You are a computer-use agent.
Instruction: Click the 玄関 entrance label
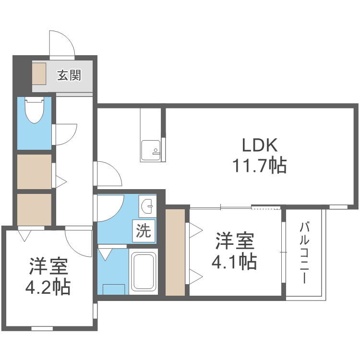[x=69, y=75]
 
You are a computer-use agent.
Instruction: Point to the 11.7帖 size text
[x=259, y=166]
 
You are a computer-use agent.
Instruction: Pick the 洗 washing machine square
[x=144, y=231]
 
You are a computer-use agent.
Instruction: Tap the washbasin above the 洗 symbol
[x=147, y=207]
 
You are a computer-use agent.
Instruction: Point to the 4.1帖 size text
[x=235, y=262]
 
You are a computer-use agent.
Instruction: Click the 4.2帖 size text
[x=48, y=287]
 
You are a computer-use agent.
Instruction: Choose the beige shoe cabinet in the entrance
[x=39, y=75]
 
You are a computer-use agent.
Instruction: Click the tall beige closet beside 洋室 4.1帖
[x=175, y=252]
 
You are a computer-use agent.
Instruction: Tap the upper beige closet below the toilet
[x=34, y=171]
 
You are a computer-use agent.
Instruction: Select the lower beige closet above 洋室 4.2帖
[x=34, y=209]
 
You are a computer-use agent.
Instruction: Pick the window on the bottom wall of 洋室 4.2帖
[x=42, y=329]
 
